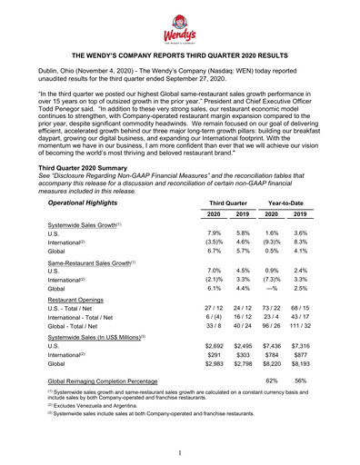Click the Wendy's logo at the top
pos(179,31)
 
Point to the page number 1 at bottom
pos(180,451)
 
